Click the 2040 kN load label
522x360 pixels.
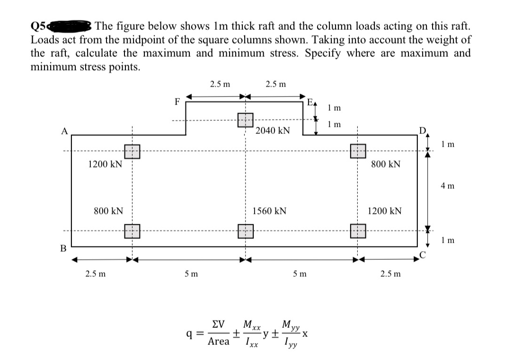(x=273, y=130)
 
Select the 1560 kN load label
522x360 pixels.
(x=270, y=211)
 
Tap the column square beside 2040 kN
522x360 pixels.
(x=246, y=120)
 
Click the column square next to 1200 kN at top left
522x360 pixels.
(x=132, y=151)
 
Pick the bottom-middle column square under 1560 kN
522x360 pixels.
(x=246, y=231)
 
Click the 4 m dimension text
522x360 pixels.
(x=447, y=186)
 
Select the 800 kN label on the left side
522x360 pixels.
(x=108, y=211)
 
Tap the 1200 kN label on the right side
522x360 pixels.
(x=385, y=211)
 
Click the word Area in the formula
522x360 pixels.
(x=218, y=341)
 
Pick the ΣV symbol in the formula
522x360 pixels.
(x=218, y=325)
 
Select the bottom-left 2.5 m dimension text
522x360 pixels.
(x=95, y=274)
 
